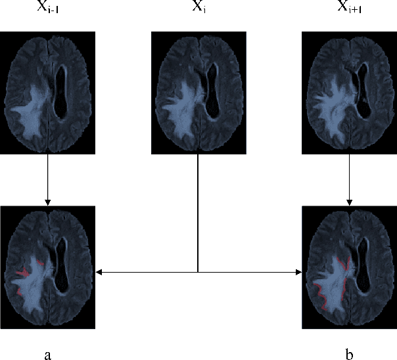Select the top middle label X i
[x=198, y=7]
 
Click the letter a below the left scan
[x=47, y=355]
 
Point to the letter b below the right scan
[x=348, y=355]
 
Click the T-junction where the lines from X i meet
[x=198, y=271]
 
